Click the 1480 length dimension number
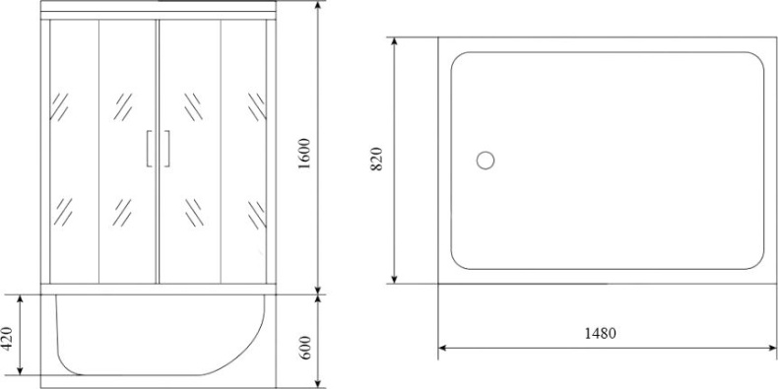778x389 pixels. click(x=599, y=334)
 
